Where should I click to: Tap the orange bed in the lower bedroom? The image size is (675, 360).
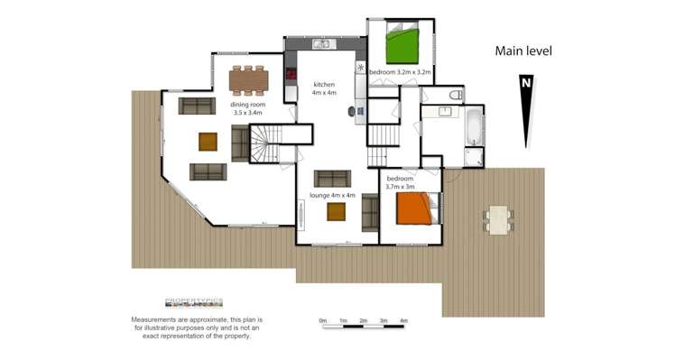(414, 208)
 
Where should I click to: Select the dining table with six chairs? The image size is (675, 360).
(249, 80)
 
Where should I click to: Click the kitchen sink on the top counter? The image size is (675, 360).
(322, 44)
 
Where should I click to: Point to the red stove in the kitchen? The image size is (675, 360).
(291, 74)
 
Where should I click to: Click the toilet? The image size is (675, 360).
(455, 95)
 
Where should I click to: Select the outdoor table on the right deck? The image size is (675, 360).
(498, 217)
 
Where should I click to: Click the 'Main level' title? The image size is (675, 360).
(522, 51)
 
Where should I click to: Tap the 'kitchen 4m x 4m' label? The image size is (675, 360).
(323, 87)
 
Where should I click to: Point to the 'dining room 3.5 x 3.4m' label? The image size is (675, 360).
(247, 108)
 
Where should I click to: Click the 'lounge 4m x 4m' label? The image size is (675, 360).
(332, 195)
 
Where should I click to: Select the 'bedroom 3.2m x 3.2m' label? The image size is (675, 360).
(400, 70)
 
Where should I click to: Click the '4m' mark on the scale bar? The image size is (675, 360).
(403, 321)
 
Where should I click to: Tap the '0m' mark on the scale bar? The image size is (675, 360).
(323, 321)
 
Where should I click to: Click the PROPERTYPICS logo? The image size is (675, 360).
(194, 304)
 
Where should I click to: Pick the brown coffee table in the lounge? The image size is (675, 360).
(337, 212)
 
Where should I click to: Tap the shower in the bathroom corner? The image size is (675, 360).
(473, 157)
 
